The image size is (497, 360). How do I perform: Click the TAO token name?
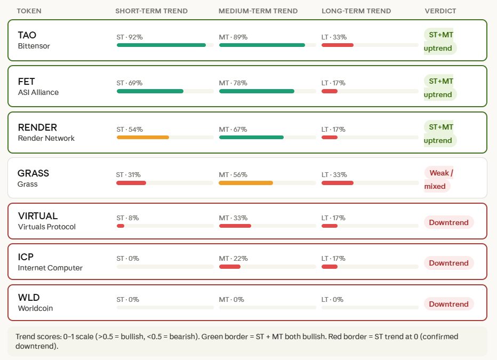point(27,35)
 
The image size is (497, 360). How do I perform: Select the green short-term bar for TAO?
point(161,45)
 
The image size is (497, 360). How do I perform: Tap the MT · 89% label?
point(233,37)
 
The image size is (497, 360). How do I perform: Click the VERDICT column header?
point(440,11)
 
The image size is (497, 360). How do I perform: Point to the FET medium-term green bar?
point(256,91)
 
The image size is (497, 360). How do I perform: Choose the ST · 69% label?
point(130,83)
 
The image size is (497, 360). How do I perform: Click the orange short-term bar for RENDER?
point(143,138)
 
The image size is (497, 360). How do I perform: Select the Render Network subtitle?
point(46,138)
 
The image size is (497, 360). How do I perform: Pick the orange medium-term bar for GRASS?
point(246,183)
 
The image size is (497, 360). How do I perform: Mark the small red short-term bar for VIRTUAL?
point(121,226)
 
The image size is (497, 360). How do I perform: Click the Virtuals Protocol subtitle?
point(47,227)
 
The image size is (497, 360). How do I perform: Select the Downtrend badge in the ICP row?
point(448,263)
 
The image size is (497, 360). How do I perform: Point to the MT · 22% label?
point(233,259)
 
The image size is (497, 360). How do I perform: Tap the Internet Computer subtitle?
point(50,268)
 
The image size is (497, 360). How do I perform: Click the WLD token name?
point(29,298)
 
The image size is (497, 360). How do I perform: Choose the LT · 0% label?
point(332,300)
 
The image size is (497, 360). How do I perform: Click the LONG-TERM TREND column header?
point(356,11)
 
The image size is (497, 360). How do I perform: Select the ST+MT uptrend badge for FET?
point(440,88)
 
